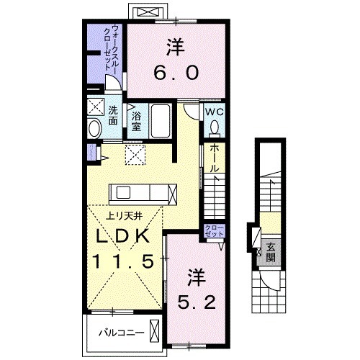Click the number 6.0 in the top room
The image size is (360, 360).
175,73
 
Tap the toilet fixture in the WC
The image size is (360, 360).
214,127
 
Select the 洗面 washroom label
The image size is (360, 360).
114,117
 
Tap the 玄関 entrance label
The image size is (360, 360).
271,253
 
